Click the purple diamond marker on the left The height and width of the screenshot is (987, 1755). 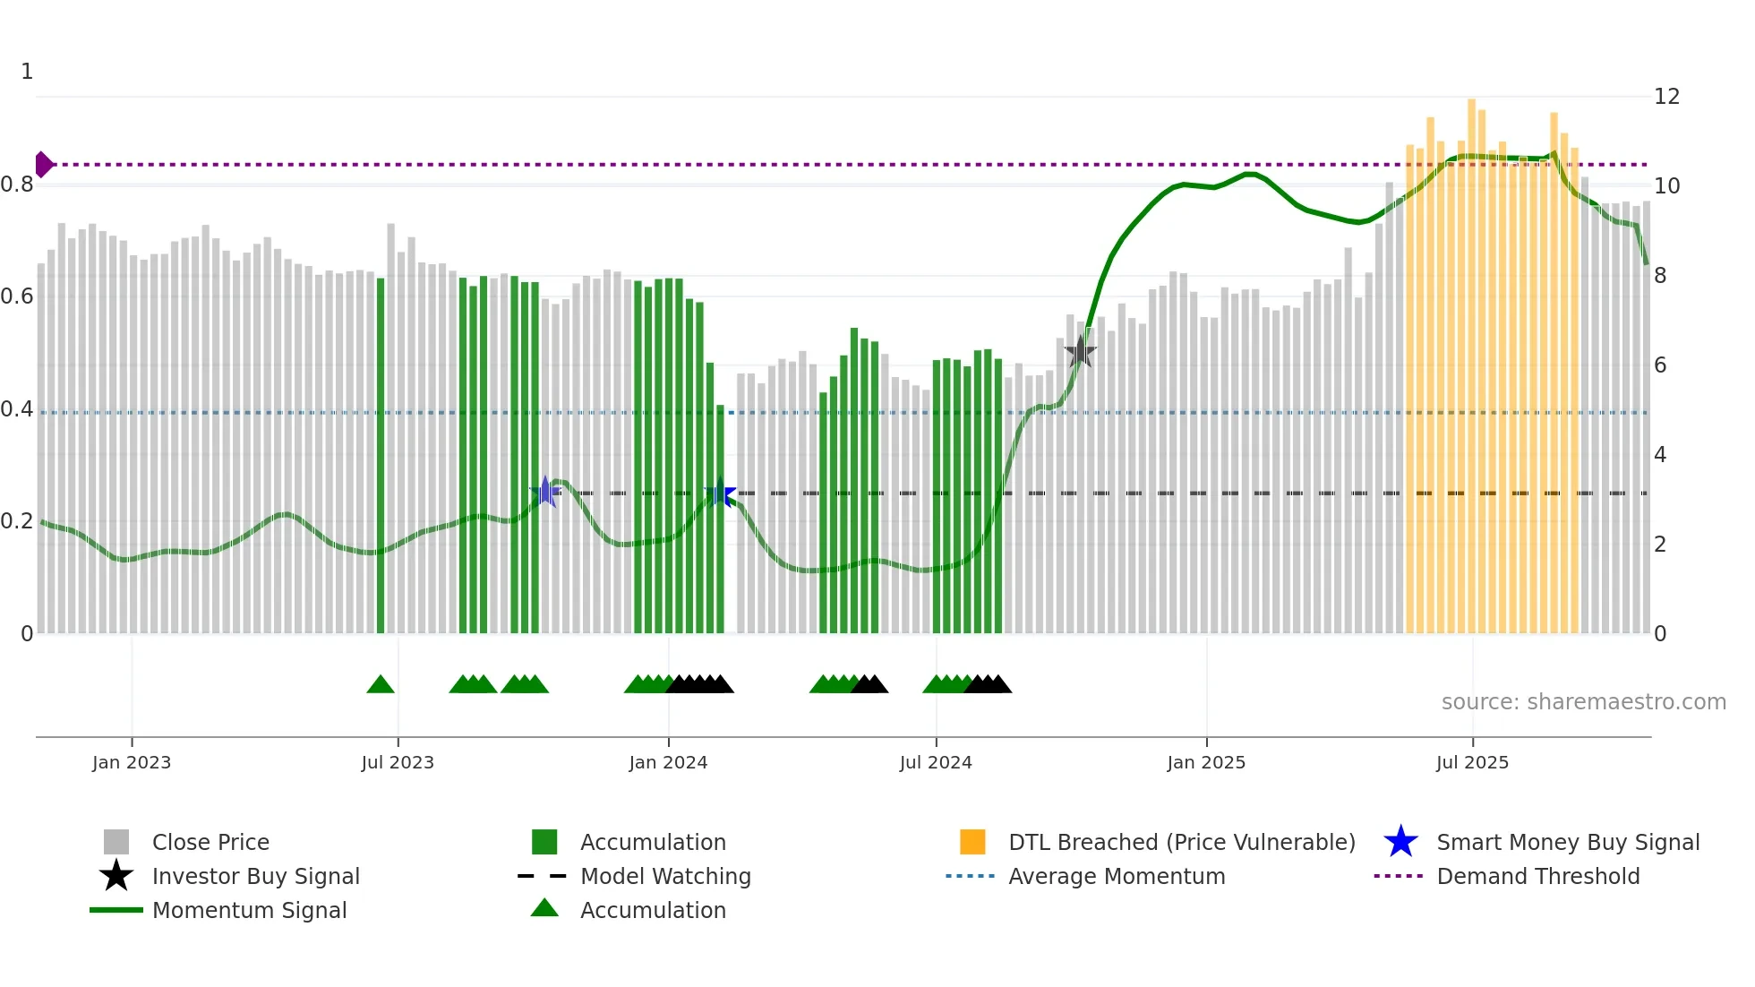(43, 165)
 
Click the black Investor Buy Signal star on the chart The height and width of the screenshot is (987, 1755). (1081, 352)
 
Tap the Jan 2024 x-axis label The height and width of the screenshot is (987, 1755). (668, 762)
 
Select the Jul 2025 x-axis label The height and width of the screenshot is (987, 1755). (1472, 762)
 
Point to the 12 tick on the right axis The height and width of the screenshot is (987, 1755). (1666, 97)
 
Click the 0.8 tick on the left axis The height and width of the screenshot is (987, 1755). (17, 185)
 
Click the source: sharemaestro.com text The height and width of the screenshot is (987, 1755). (1583, 702)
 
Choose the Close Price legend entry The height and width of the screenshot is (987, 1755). (210, 843)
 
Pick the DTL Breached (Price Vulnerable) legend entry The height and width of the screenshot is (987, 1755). (1181, 843)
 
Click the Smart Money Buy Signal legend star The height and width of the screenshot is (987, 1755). (1400, 843)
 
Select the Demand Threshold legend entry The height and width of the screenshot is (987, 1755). (1537, 877)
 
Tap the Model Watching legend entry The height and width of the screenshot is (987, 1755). (665, 877)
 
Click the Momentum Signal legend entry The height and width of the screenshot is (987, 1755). (249, 911)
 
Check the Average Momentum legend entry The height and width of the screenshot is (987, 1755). (1116, 877)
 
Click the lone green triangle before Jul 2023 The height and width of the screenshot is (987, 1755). (381, 685)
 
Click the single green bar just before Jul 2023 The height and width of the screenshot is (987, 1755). (381, 457)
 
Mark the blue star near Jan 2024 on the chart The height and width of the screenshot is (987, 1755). (720, 493)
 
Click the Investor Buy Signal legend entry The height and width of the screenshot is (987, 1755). (255, 877)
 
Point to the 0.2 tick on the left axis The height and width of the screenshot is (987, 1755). (17, 521)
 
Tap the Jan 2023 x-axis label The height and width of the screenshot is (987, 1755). (132, 762)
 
